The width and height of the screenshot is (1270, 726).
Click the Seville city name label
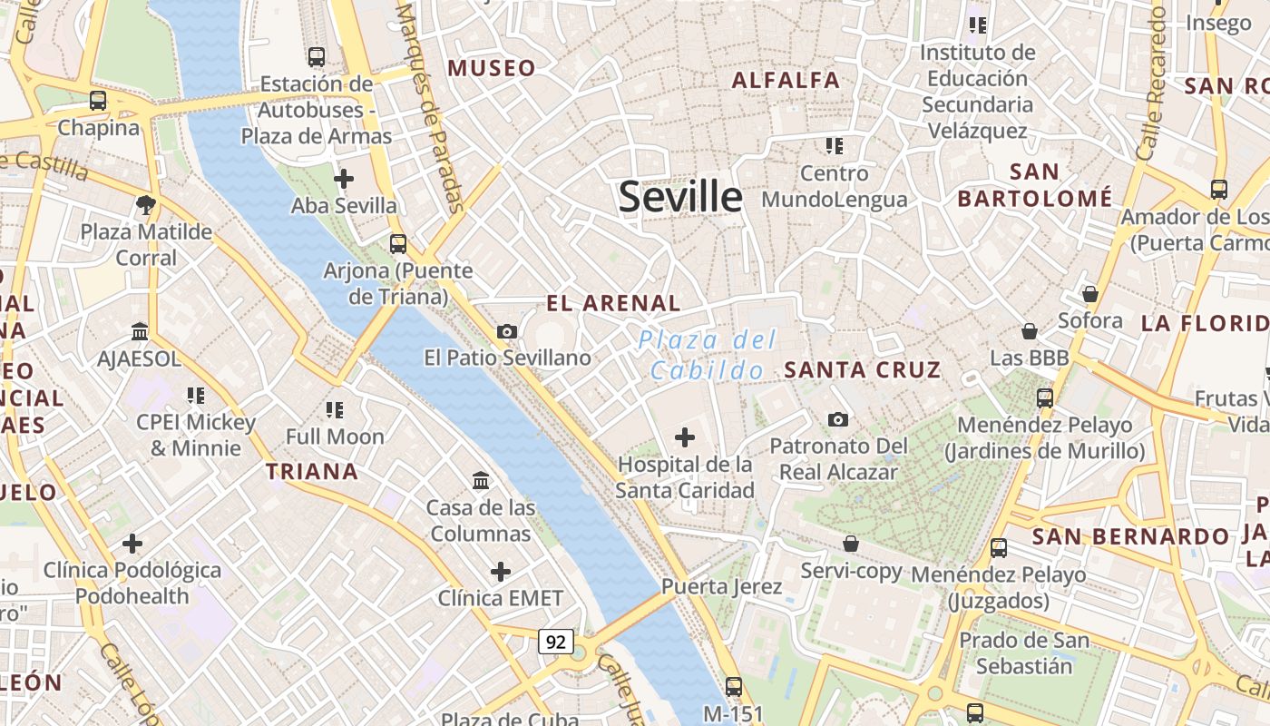680,197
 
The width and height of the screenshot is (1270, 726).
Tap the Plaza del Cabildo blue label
708,355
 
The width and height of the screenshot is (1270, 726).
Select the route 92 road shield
555,642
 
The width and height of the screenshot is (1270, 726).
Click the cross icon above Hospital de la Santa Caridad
685,437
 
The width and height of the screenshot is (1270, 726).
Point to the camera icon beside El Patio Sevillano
507,331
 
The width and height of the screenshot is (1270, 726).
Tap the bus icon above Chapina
98,101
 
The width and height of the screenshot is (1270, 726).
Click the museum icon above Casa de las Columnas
481,480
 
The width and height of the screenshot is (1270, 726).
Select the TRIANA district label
312,472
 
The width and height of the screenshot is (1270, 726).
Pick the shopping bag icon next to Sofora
1090,294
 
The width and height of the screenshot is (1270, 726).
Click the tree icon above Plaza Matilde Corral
145,204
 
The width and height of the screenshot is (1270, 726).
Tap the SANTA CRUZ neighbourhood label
862,370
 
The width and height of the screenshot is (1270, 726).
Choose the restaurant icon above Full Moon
335,409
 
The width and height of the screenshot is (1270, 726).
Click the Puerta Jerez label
721,586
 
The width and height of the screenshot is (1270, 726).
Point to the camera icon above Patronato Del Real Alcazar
838,419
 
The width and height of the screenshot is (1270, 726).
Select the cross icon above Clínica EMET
500,572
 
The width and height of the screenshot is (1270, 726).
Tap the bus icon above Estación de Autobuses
316,56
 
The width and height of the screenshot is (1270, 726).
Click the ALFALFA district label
786,80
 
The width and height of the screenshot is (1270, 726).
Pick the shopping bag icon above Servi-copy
851,544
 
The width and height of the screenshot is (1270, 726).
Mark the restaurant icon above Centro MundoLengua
835,145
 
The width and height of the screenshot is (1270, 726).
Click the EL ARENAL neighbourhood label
612,303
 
